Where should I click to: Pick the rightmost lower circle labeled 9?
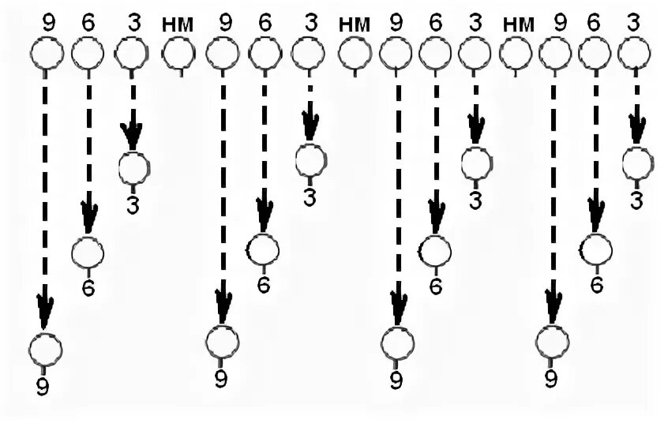[552, 341]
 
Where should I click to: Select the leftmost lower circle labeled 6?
[88, 253]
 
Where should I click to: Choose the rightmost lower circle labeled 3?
[638, 164]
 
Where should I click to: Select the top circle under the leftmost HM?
[178, 54]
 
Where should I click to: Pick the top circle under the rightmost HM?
[514, 54]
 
